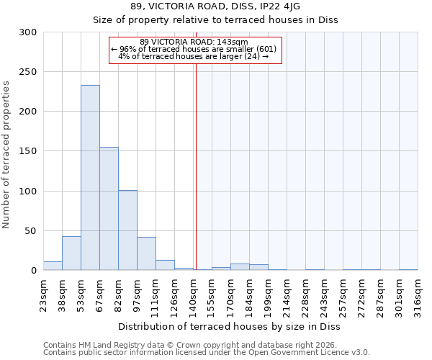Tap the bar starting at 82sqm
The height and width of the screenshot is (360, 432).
[127, 230]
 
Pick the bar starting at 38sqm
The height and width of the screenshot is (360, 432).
[71, 253]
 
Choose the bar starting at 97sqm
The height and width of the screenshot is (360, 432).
[146, 253]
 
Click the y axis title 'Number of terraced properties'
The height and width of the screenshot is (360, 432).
[6, 155]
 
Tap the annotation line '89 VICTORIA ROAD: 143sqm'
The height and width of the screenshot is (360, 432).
[194, 42]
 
